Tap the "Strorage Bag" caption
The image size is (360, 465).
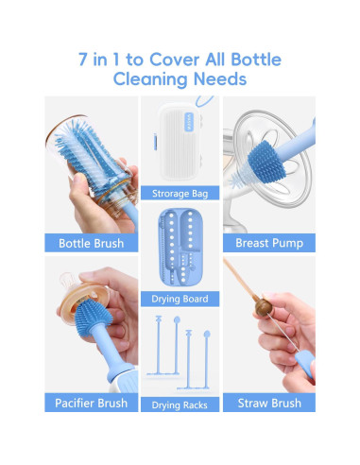(x=180, y=194)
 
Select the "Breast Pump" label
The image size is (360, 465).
(x=268, y=243)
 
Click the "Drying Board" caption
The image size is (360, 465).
(x=180, y=300)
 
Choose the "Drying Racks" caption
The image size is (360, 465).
(x=180, y=405)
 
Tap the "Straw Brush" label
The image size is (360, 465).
(x=268, y=403)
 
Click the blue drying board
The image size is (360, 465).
(x=180, y=250)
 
